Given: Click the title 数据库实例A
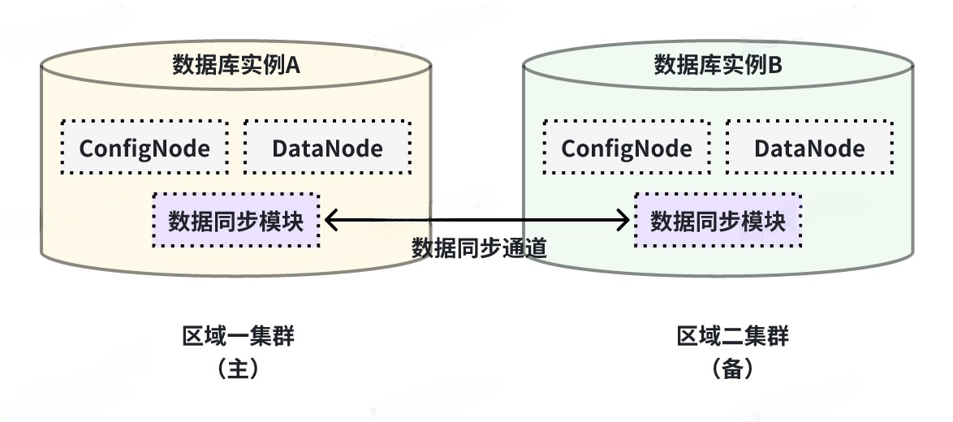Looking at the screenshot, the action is tap(236, 64).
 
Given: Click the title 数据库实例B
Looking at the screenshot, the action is tap(718, 64).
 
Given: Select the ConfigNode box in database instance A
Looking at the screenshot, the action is tap(144, 148).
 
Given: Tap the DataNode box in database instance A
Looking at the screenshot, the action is tap(328, 148).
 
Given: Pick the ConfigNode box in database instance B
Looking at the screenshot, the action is tap(627, 148).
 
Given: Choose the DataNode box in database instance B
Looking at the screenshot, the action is tap(809, 148).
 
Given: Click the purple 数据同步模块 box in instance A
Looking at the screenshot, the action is tap(236, 221).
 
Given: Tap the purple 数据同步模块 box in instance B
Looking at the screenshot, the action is tap(718, 221).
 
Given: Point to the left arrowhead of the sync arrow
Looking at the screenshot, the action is tap(326, 221).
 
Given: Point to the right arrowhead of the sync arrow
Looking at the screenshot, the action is tap(629, 221).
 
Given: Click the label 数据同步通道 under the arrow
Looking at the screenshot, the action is tap(480, 248).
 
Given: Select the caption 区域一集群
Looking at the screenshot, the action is tap(239, 336).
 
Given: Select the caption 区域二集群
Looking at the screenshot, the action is tap(733, 336).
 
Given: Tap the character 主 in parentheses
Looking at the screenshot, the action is tap(239, 368).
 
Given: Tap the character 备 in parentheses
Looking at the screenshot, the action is tap(733, 368).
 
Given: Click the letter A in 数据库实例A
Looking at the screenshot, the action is tap(293, 65).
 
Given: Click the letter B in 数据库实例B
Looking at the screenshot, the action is tap(775, 65).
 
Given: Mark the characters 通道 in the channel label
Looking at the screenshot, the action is tap(524, 248).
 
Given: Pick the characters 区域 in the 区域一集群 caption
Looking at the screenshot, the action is tap(205, 336).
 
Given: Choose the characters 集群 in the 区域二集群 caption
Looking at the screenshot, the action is tap(767, 336).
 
